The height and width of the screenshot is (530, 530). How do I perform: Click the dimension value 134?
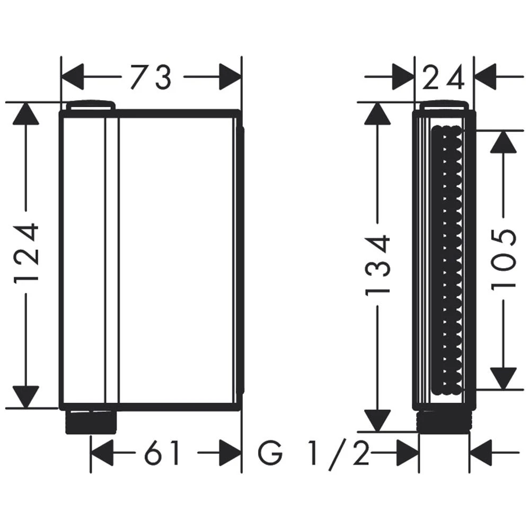point(378,263)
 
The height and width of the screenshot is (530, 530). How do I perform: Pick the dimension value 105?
point(503,258)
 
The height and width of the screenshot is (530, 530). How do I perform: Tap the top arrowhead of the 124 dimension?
point(26,114)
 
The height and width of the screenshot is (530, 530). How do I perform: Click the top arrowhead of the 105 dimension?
point(503,142)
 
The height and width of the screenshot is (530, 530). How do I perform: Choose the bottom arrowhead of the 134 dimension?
point(378,419)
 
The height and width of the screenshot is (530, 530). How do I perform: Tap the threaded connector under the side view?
point(444,422)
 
